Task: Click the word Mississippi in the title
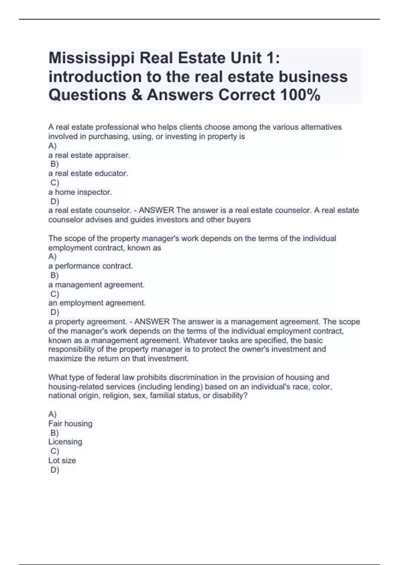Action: click(92, 58)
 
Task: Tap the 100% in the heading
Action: click(300, 95)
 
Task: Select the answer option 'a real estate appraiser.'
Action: click(89, 155)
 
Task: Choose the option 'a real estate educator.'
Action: click(88, 173)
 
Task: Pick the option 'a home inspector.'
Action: click(80, 192)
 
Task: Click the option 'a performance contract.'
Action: click(90, 266)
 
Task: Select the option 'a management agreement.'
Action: click(96, 285)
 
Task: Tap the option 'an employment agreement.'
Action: click(97, 303)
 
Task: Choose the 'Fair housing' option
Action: click(70, 423)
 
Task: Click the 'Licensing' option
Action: click(65, 442)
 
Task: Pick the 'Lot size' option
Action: click(62, 460)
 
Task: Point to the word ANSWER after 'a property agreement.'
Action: click(152, 322)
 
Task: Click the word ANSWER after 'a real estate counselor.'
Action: click(156, 210)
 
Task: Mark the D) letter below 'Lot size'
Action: click(55, 470)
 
